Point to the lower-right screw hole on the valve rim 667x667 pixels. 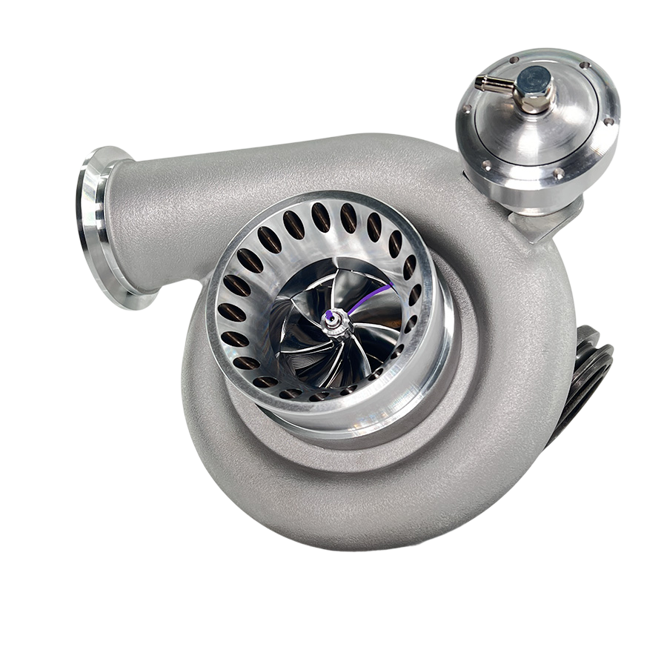(x=557, y=176)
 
